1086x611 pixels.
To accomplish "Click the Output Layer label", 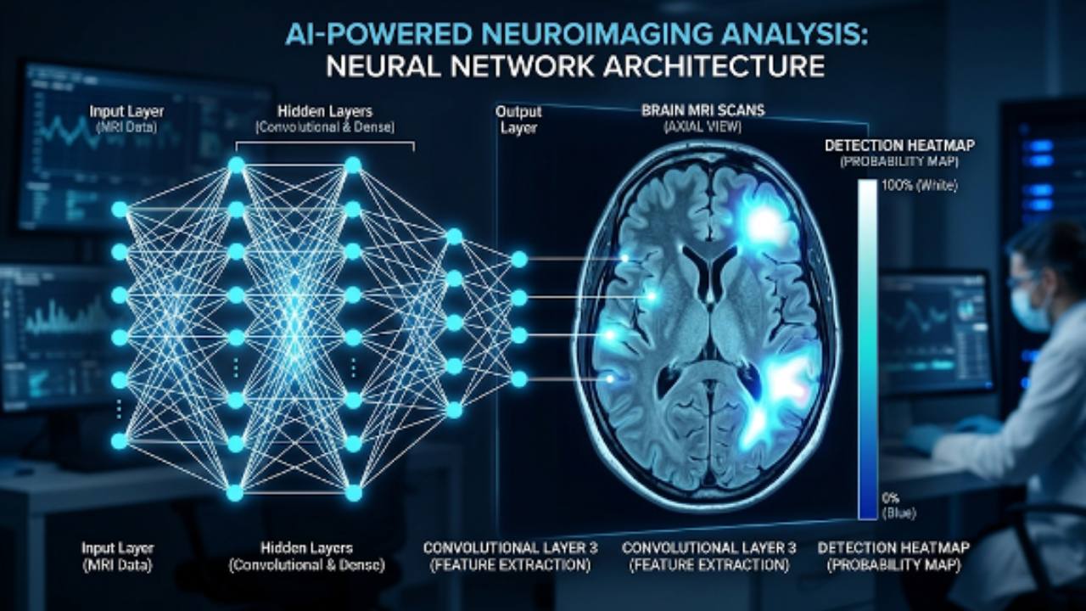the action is [x=518, y=119].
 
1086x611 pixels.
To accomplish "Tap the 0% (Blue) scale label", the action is [x=898, y=504].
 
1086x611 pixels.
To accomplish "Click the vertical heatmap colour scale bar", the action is [x=867, y=348].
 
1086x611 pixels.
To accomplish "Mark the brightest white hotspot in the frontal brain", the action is [x=765, y=222].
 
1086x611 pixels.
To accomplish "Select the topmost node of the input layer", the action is [x=120, y=209].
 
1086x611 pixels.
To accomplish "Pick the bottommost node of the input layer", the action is [x=120, y=440].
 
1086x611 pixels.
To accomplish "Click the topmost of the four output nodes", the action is [x=519, y=259].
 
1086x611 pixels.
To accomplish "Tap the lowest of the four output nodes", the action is [x=519, y=378].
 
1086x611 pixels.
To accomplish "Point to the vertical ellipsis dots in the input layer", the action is [x=120, y=410].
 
